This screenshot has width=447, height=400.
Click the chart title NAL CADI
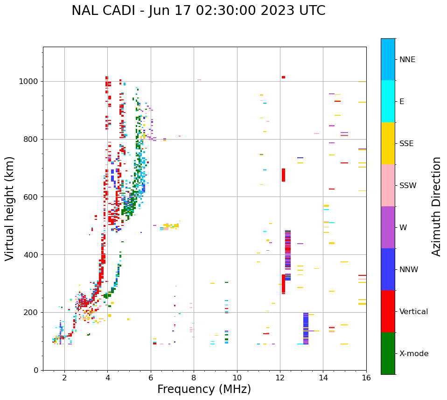(x=198, y=11)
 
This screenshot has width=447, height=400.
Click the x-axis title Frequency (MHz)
(x=204, y=389)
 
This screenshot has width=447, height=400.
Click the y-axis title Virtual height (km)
(x=10, y=209)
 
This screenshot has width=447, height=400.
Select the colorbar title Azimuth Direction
(x=436, y=206)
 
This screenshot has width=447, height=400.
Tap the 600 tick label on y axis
(x=32, y=197)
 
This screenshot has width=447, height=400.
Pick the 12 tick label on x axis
(x=280, y=378)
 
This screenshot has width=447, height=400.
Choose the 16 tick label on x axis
(x=366, y=378)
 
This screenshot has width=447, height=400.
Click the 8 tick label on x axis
(x=194, y=378)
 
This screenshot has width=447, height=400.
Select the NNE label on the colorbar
(x=407, y=60)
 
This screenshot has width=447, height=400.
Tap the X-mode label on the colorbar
(x=414, y=354)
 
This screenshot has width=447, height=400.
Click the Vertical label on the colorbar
(x=414, y=312)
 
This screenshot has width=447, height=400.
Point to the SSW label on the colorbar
(x=408, y=186)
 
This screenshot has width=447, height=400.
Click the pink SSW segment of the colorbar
(x=388, y=185)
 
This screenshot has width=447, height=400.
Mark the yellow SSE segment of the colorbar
(x=388, y=143)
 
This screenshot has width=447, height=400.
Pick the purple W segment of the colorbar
(x=388, y=227)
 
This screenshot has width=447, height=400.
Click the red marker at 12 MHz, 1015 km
(x=283, y=77)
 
